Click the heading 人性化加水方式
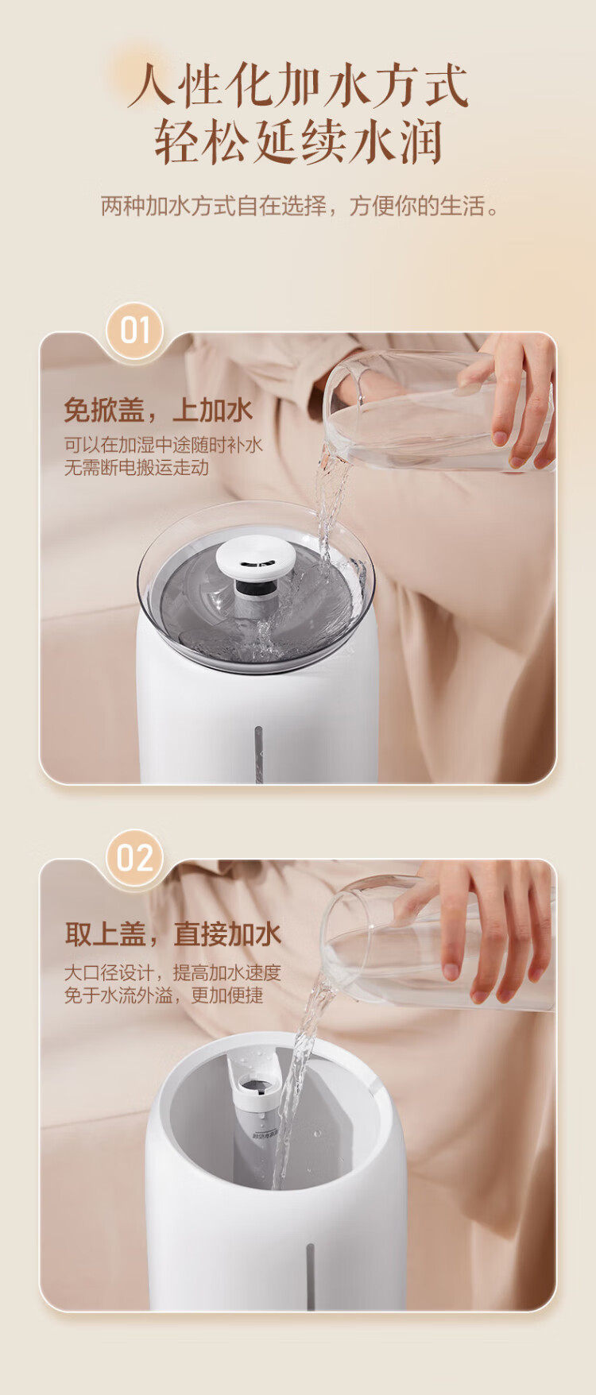[298, 85]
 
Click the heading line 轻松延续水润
[298, 142]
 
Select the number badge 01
[135, 330]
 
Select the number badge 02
[135, 858]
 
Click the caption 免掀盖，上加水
[158, 410]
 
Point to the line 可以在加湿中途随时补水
[163, 445]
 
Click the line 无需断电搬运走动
[136, 467]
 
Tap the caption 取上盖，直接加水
[173, 934]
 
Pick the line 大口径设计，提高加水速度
[172, 973]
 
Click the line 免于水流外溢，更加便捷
[163, 995]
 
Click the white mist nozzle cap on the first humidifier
[256, 556]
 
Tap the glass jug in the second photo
[437, 941]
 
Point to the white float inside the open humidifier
[253, 1080]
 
